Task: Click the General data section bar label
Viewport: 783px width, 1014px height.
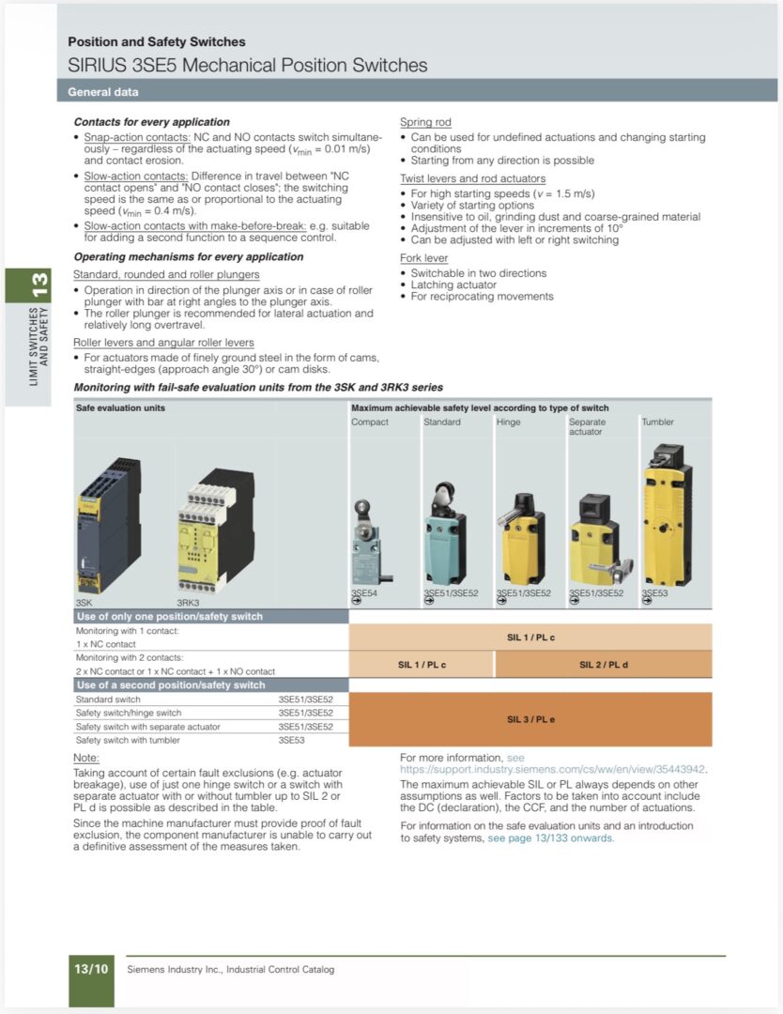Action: [103, 92]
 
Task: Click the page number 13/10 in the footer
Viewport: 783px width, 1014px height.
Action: [91, 969]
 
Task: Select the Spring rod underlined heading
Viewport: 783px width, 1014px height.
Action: [425, 121]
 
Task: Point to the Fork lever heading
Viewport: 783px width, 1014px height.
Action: [423, 257]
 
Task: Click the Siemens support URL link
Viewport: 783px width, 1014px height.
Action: [552, 769]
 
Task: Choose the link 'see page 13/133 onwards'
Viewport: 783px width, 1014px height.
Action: [550, 837]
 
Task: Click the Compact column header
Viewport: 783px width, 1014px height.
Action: [370, 422]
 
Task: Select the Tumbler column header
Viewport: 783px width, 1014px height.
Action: [657, 422]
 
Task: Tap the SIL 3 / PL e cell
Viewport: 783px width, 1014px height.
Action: [530, 719]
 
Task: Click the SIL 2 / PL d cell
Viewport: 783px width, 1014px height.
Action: [604, 664]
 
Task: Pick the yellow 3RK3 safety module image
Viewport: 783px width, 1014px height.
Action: [215, 530]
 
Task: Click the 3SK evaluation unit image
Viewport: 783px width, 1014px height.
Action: [108, 525]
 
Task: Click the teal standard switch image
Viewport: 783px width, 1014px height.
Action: [445, 533]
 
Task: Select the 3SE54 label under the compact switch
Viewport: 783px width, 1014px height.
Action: [364, 592]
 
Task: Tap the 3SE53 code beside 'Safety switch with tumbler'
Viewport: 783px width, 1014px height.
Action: [292, 740]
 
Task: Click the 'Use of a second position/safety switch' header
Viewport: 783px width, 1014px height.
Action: [171, 684]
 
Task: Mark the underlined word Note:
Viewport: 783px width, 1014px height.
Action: [86, 758]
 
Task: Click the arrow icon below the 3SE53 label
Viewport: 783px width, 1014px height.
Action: [646, 602]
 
